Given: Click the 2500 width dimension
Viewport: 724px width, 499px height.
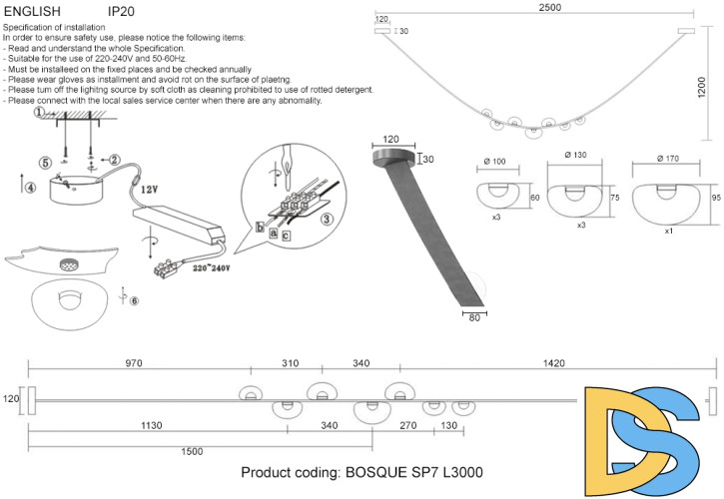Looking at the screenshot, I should tap(534, 7).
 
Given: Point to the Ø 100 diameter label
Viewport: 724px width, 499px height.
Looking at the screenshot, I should tap(495, 162).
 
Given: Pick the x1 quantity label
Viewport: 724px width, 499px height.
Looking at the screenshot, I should tap(669, 231).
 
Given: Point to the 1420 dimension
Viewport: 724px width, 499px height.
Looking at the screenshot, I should tap(553, 363).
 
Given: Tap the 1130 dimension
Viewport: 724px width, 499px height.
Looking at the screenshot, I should tap(151, 426).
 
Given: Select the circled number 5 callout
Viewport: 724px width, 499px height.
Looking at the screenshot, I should tap(45, 163).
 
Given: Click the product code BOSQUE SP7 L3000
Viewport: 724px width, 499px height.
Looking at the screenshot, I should tap(363, 473).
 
